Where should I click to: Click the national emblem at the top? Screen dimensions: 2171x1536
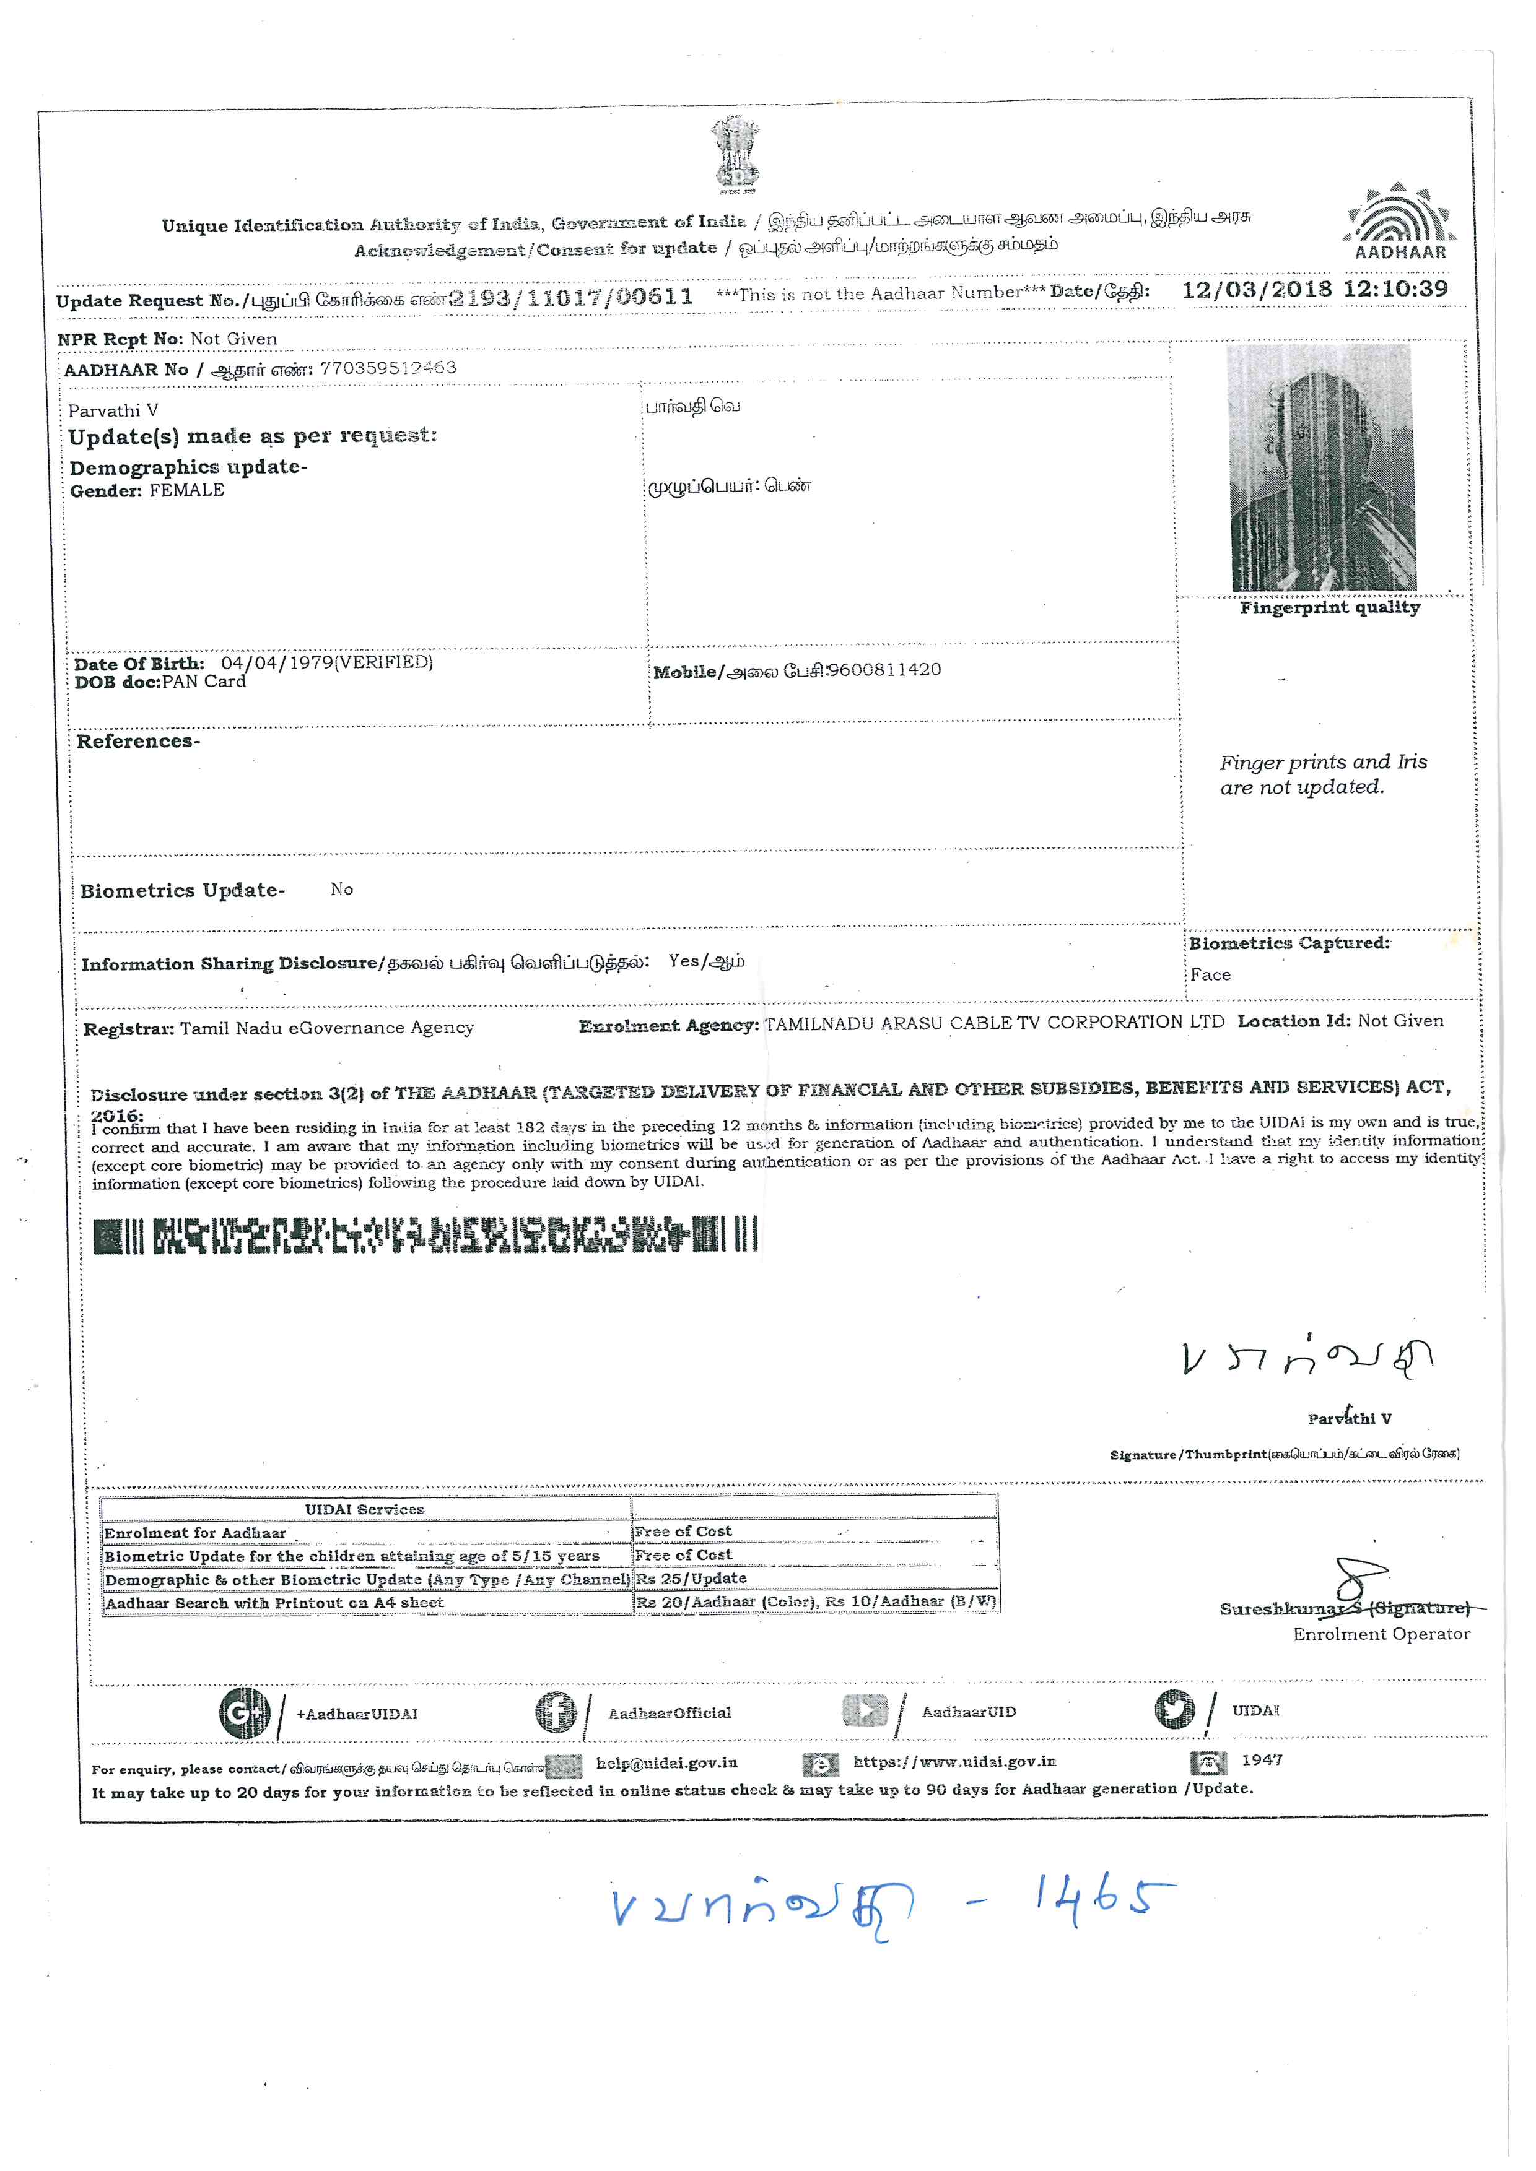click(x=735, y=152)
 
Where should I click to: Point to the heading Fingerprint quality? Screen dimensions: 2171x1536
click(x=1329, y=608)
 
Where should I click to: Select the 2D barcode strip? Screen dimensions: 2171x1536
click(x=425, y=1235)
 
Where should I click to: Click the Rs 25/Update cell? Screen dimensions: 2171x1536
click(x=691, y=1578)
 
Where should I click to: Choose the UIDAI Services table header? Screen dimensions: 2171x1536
click(x=364, y=1509)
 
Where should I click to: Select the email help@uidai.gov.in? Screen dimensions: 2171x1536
click(x=667, y=1762)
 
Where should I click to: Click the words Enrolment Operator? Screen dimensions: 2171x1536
click(x=1381, y=1634)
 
